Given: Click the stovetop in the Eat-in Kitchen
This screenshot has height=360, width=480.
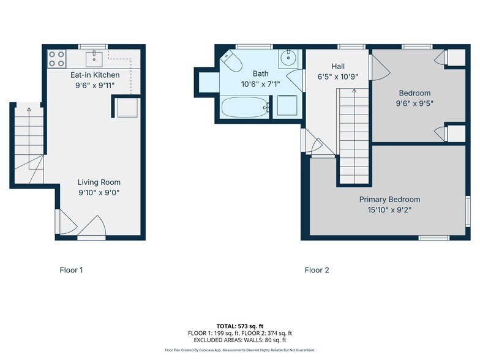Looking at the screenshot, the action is [57, 59].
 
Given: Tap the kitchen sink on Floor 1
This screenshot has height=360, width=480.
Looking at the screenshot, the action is [94, 59].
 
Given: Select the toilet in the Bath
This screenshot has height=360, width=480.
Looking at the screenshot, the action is [231, 61].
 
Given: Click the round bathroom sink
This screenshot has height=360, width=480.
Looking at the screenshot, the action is [288, 59].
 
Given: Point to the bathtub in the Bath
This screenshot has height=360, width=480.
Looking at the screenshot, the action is [245, 107].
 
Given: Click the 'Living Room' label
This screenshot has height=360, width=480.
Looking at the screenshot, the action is [99, 182].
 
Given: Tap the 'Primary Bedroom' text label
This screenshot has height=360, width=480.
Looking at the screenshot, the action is [389, 200].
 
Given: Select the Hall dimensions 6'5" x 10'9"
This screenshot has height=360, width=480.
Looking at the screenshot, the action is [338, 77].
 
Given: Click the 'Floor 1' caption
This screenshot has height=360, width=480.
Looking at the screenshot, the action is [71, 270].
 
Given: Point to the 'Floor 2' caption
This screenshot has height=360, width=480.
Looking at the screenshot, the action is [317, 270].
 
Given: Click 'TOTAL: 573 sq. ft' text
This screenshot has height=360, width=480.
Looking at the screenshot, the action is [240, 326].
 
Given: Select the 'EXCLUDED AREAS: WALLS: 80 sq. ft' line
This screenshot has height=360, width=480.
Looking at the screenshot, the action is [240, 340].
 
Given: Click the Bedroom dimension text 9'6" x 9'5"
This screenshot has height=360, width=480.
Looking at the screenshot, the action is [415, 103].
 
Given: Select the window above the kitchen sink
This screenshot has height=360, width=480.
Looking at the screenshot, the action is [93, 47].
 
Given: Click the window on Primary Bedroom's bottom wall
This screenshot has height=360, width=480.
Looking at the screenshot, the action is [433, 238].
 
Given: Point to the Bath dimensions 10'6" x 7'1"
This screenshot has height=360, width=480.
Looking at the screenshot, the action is [261, 84].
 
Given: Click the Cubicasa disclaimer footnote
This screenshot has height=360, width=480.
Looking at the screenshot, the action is [240, 350].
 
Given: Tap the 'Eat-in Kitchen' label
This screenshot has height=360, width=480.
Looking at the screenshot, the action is [95, 75].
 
